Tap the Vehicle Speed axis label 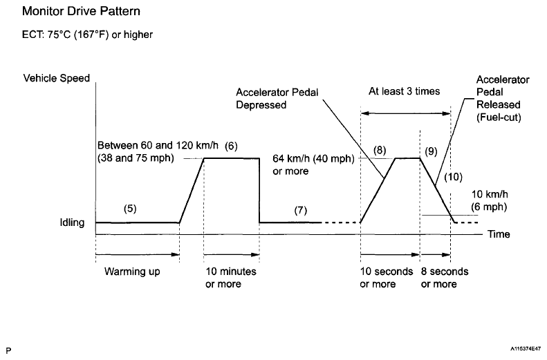coord(57,78)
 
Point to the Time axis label coord(499,235)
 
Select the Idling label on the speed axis coord(72,222)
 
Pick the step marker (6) coord(231,146)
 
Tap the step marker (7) coord(300,210)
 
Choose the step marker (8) coord(380,149)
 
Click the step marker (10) coord(453,177)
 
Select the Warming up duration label coord(132,272)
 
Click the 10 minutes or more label coord(230,278)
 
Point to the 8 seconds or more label coord(444,278)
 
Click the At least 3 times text coord(404,91)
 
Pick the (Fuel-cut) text coord(499,118)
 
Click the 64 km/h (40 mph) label coord(315,158)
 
